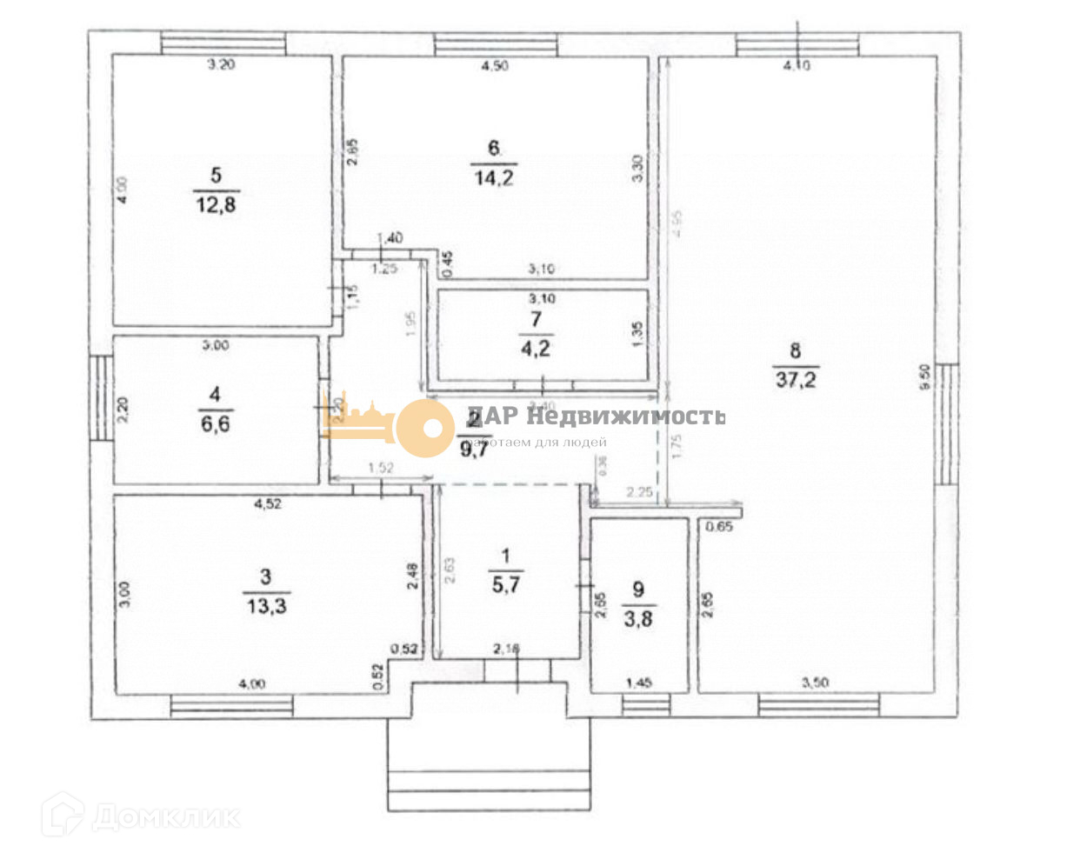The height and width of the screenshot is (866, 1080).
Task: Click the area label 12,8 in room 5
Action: (216, 205)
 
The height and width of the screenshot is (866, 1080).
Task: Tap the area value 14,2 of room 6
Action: (493, 178)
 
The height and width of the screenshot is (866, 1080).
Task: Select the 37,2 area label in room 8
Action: (796, 380)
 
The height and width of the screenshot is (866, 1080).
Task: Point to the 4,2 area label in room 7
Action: (536, 349)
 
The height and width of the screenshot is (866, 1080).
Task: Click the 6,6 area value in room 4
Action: (215, 424)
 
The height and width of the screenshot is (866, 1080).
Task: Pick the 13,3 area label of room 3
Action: (266, 606)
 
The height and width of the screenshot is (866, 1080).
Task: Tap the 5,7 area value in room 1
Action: (505, 585)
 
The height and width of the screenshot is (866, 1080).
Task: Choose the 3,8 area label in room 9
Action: (637, 619)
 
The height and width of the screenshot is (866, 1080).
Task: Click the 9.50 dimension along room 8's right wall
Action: (924, 376)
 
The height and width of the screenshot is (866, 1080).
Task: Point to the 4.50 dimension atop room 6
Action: (494, 66)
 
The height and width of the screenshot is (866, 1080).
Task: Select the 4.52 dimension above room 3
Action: (267, 503)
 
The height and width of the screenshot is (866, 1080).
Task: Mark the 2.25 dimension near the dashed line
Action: (639, 493)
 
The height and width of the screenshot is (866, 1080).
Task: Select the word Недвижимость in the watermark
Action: (625, 416)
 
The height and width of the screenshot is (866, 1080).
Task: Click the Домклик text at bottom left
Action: (165, 817)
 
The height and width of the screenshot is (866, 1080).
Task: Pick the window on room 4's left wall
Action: (102, 398)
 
